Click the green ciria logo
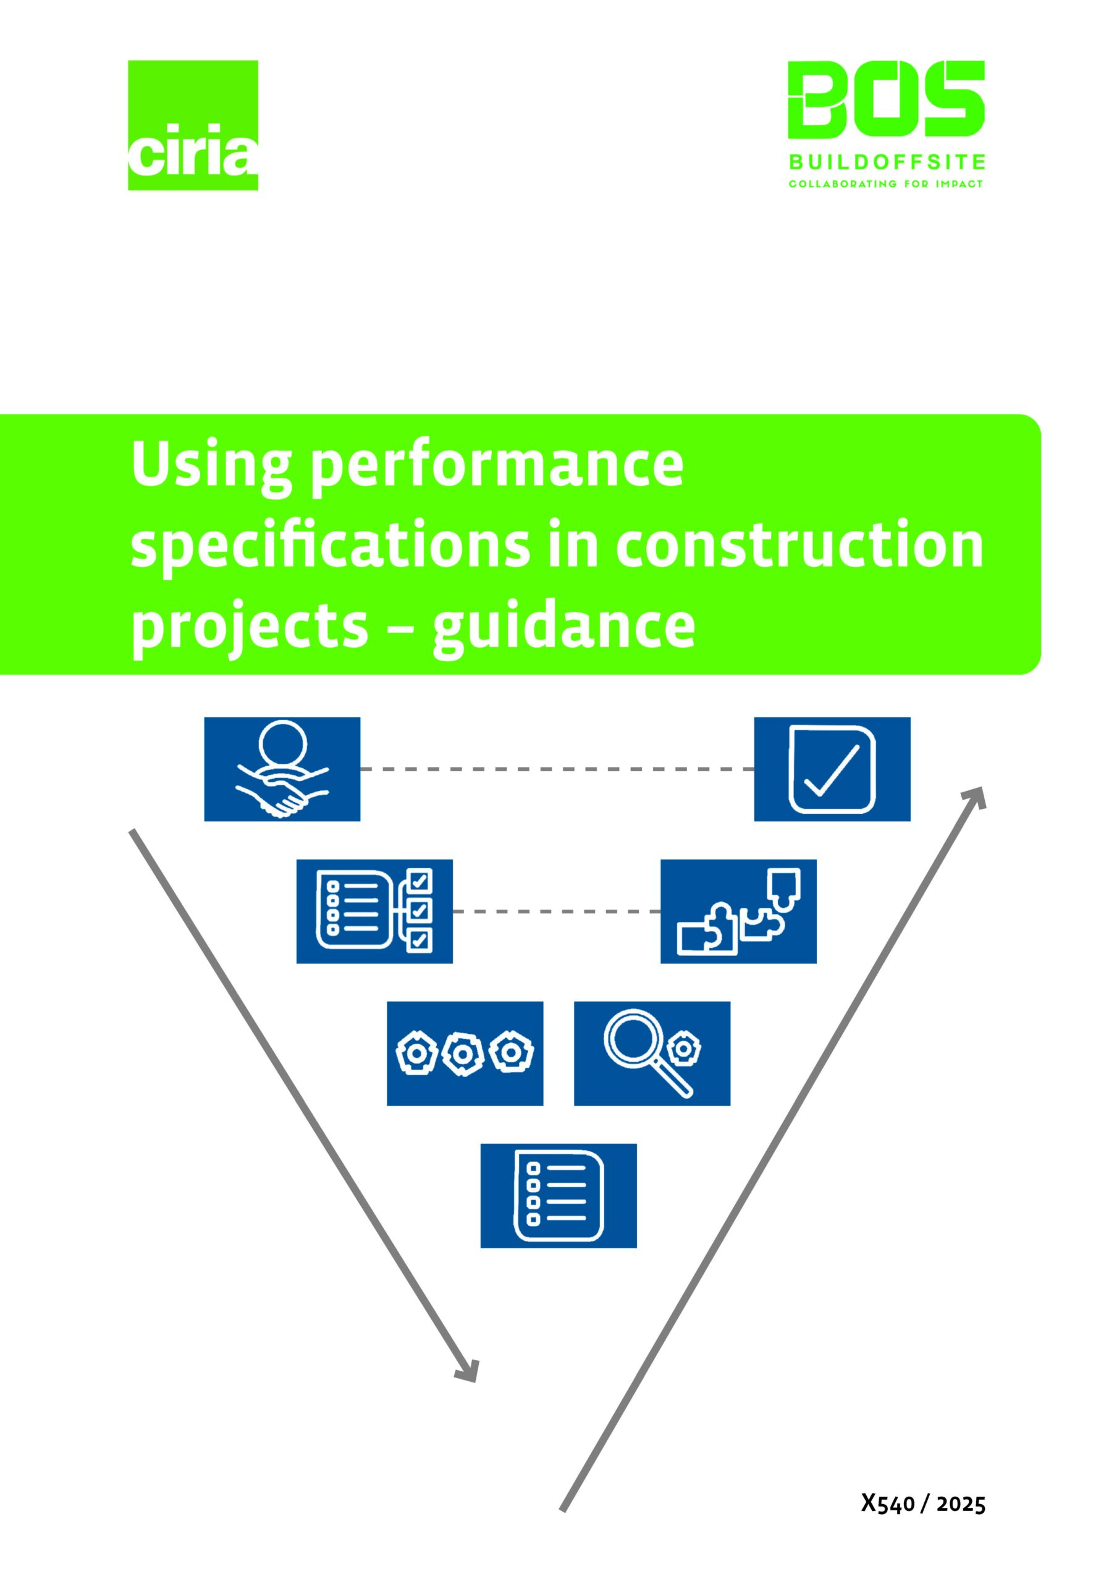tap(192, 125)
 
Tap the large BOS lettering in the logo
tap(885, 100)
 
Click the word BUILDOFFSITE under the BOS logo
tap(886, 163)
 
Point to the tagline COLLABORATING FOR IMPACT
tap(885, 184)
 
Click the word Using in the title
tap(211, 467)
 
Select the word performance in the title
tap(497, 467)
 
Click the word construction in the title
tap(799, 546)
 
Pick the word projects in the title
tap(250, 628)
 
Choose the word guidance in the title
tap(564, 628)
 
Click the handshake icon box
tap(282, 769)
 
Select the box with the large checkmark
tap(832, 769)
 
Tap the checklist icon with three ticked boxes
tap(374, 911)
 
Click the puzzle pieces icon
tap(738, 911)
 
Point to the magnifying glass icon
tap(651, 1054)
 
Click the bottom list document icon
tap(558, 1195)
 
